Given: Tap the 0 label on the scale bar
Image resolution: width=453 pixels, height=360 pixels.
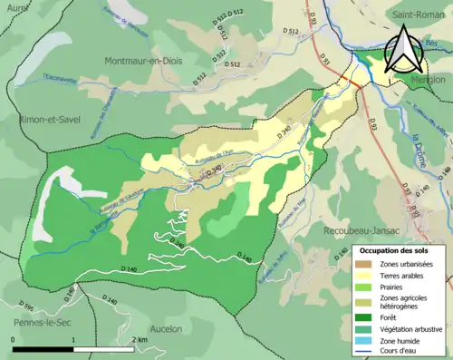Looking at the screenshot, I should tap(13, 339).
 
